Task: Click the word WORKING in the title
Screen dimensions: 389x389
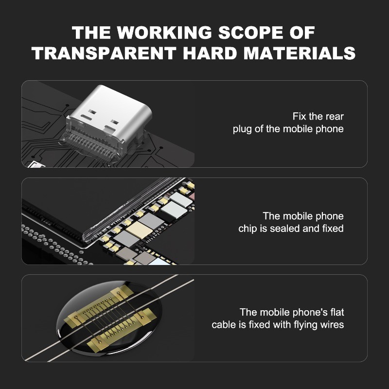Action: [164, 33]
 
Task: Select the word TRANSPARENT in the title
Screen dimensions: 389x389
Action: [104, 53]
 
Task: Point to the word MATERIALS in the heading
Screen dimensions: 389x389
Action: [300, 53]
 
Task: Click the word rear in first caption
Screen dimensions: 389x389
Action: [335, 117]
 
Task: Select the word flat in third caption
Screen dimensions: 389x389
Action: [337, 312]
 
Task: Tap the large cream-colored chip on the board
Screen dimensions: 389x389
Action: [139, 230]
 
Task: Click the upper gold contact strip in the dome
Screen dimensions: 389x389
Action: [99, 306]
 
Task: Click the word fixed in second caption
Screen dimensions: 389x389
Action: [333, 229]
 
